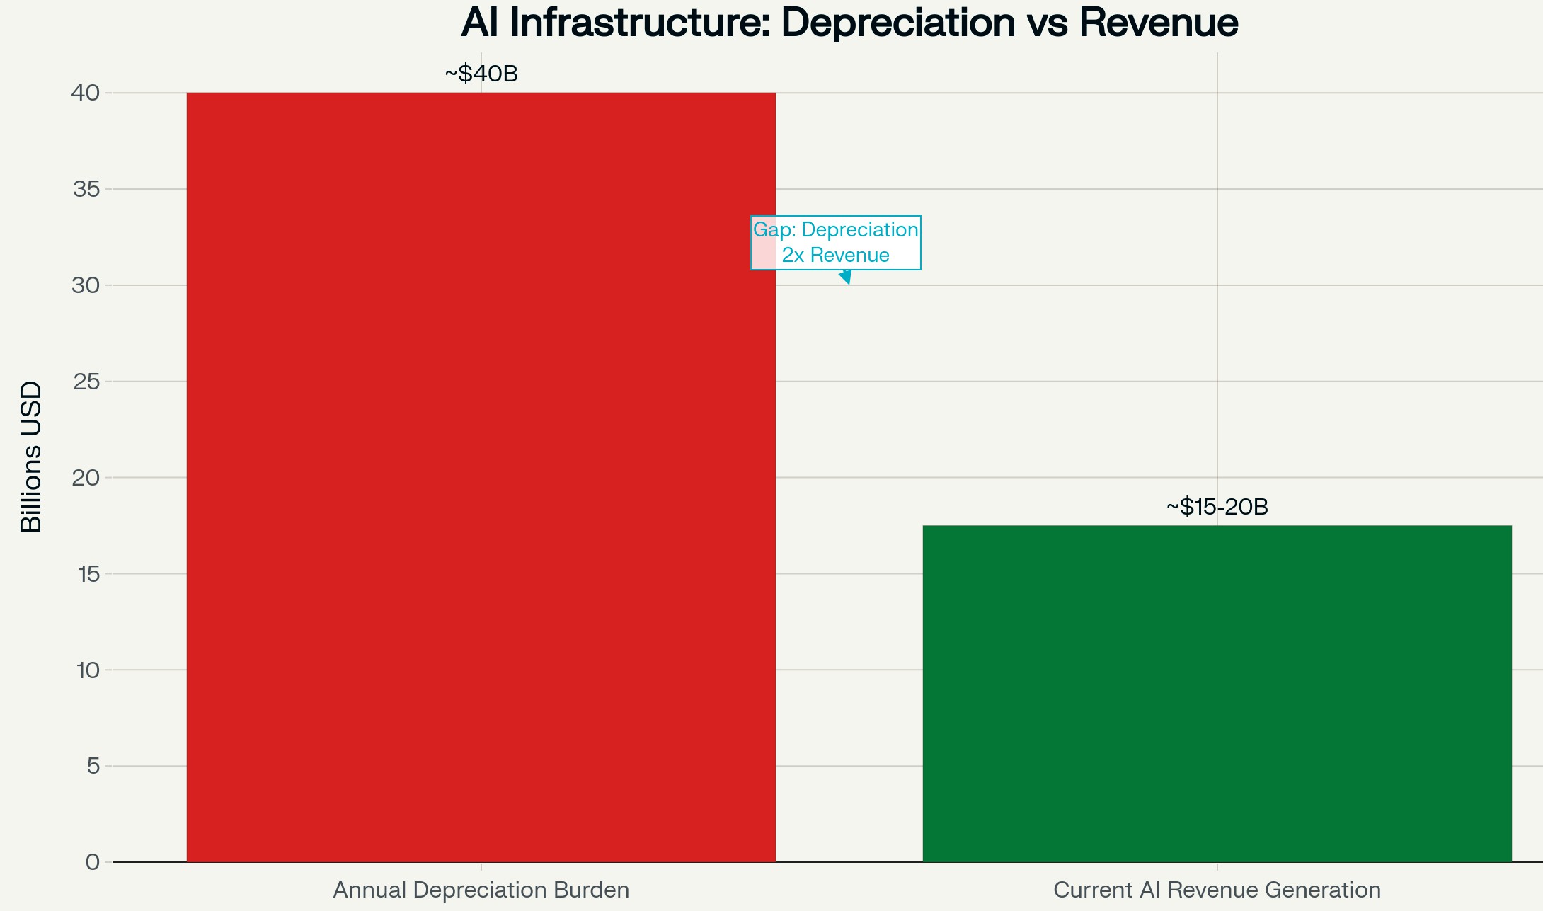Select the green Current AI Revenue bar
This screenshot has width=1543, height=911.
coord(1217,694)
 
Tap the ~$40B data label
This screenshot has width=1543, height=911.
coord(481,74)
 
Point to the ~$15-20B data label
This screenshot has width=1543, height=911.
coord(1217,507)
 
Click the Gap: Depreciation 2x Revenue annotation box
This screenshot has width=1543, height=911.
coord(835,242)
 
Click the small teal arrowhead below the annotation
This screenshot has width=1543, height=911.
coord(845,277)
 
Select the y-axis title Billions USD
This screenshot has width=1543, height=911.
coord(31,457)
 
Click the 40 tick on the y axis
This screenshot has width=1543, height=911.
coord(86,93)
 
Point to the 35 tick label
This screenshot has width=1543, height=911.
coord(86,189)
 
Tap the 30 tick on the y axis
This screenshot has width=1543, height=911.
coord(86,285)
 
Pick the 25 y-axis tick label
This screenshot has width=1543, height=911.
coord(86,382)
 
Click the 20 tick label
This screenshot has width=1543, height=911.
coord(86,478)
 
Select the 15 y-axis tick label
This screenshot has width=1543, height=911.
coord(88,574)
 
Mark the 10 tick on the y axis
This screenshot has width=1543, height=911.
coord(88,670)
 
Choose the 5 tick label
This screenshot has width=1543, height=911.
coord(93,766)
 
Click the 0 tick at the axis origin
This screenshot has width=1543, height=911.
coord(93,862)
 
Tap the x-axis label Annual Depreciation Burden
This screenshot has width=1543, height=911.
coord(481,890)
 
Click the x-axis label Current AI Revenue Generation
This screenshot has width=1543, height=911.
coord(1217,890)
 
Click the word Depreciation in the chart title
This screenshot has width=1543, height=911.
coord(898,23)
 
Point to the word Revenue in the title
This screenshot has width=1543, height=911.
coord(1159,23)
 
